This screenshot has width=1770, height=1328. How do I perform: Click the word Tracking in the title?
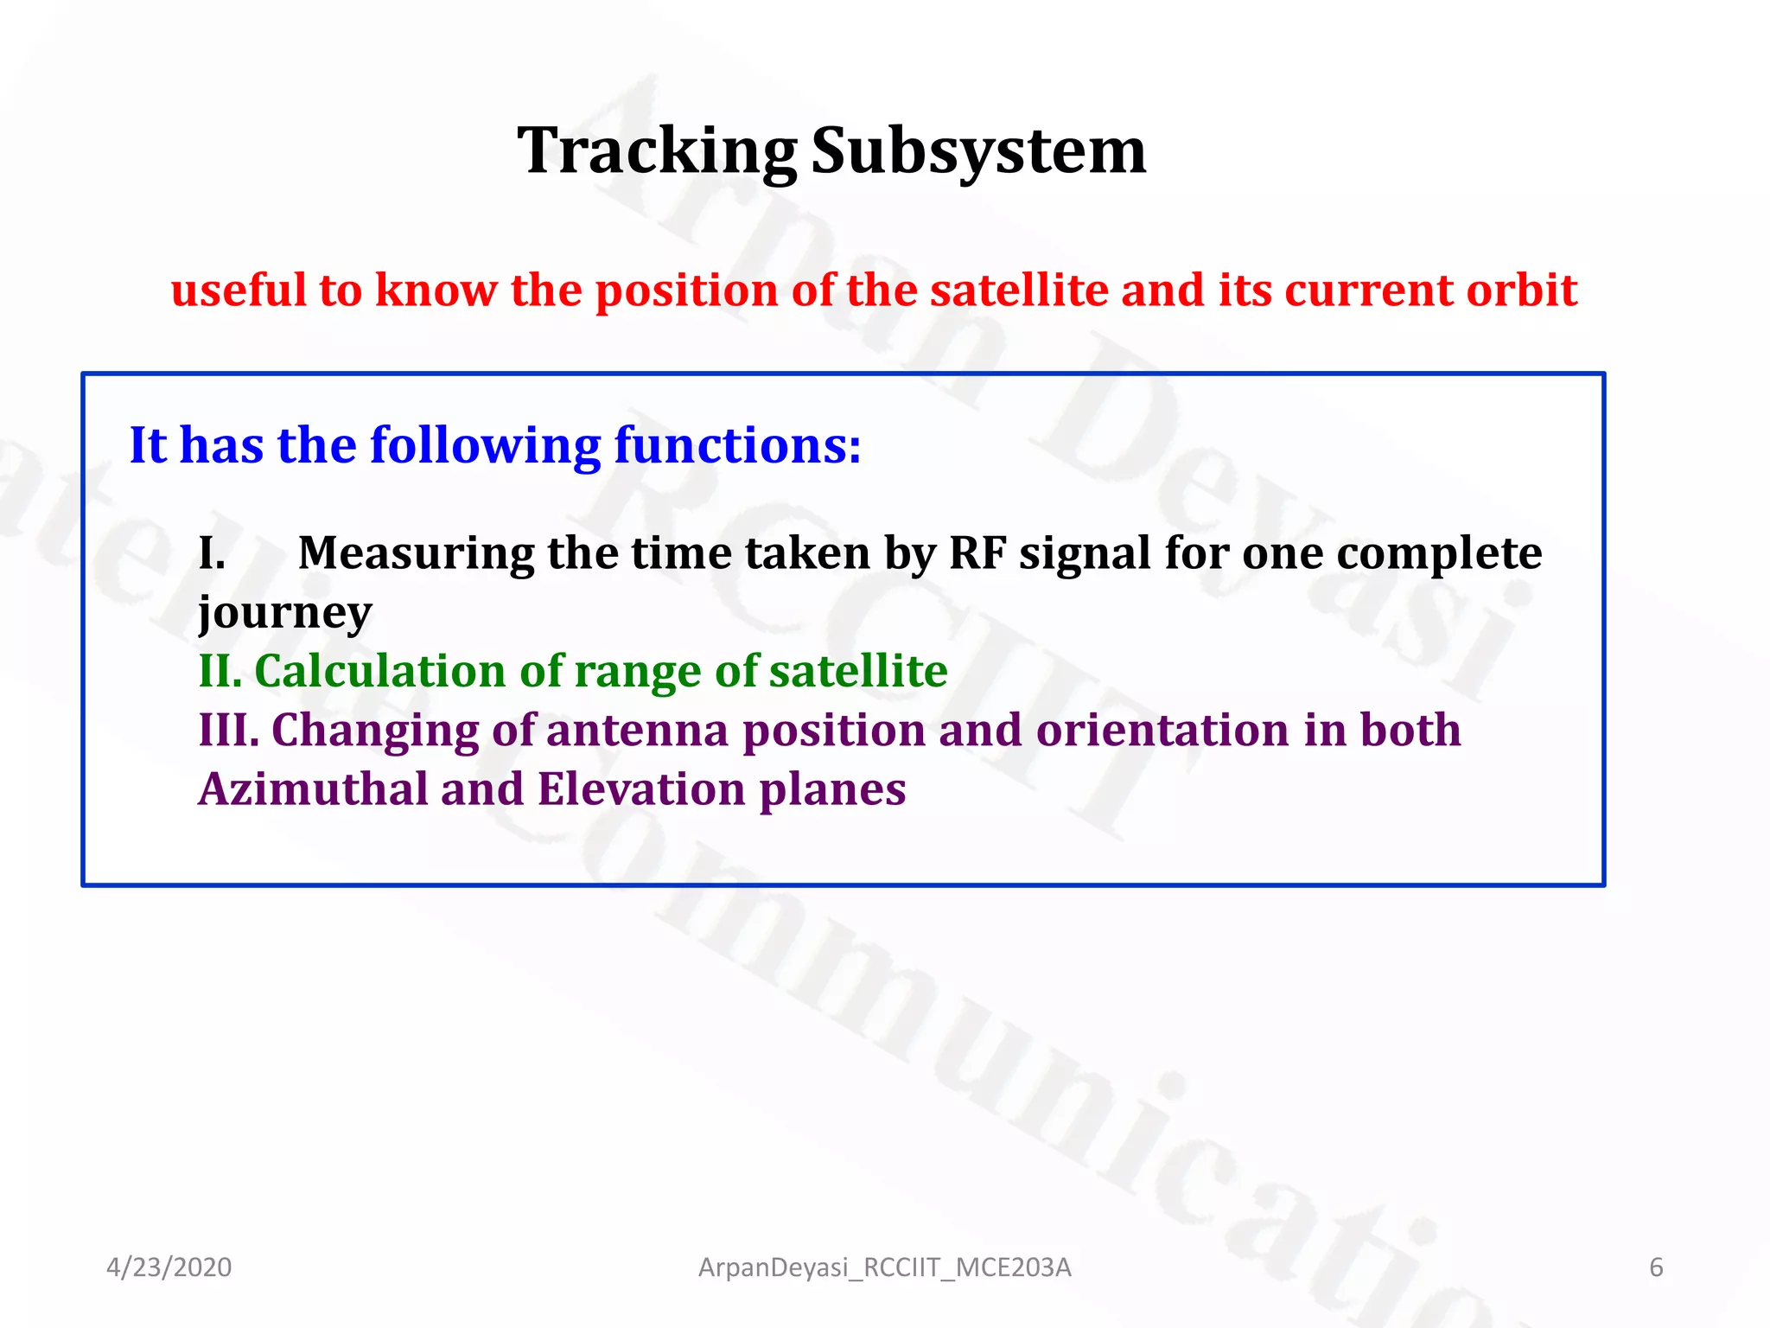(x=657, y=151)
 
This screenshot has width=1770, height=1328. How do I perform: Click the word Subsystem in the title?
(x=978, y=151)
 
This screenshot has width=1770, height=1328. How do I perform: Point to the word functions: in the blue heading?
(x=737, y=445)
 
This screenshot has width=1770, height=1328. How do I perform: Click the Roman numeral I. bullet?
(x=213, y=553)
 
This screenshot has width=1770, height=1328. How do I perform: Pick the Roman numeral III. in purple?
(x=229, y=730)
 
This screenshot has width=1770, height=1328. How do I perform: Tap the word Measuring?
(x=416, y=553)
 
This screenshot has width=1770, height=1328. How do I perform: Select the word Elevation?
(x=641, y=789)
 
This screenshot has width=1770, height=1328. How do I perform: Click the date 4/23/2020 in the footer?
(x=169, y=1267)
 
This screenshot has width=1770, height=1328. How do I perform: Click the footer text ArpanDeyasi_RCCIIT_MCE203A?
(x=884, y=1267)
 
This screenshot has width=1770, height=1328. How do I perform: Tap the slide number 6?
(x=1656, y=1267)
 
